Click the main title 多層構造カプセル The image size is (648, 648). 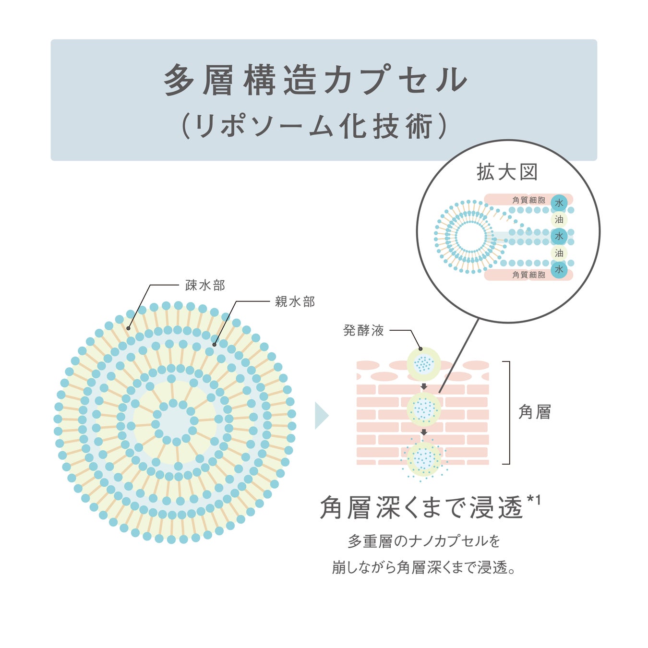pyautogui.click(x=315, y=80)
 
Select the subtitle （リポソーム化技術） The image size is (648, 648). pyautogui.click(x=315, y=126)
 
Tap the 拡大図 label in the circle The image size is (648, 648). pyautogui.click(x=507, y=172)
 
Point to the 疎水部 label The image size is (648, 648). pyautogui.click(x=205, y=285)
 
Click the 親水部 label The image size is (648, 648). pyautogui.click(x=295, y=301)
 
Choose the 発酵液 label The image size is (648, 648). pyautogui.click(x=363, y=330)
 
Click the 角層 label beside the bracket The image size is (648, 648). pyautogui.click(x=534, y=412)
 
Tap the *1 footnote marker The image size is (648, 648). pyautogui.click(x=534, y=500)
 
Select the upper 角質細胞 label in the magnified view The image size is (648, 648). pyautogui.click(x=528, y=200)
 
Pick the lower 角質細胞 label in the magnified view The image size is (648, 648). pyautogui.click(x=528, y=275)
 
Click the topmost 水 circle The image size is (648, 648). pyautogui.click(x=559, y=203)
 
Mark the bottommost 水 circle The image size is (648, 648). pyautogui.click(x=559, y=269)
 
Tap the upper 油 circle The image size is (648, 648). pyautogui.click(x=559, y=220)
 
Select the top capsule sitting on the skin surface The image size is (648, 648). pyautogui.click(x=423, y=363)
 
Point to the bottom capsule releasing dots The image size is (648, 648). pyautogui.click(x=424, y=459)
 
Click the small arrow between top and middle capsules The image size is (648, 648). pyautogui.click(x=424, y=386)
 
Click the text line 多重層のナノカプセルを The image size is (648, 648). pyautogui.click(x=424, y=541)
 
